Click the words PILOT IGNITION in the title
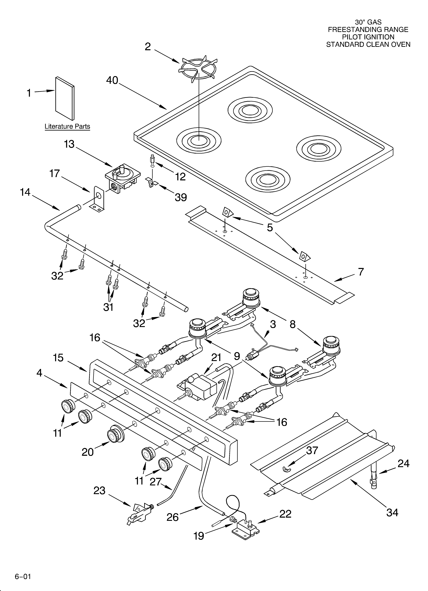coord(368,37)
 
